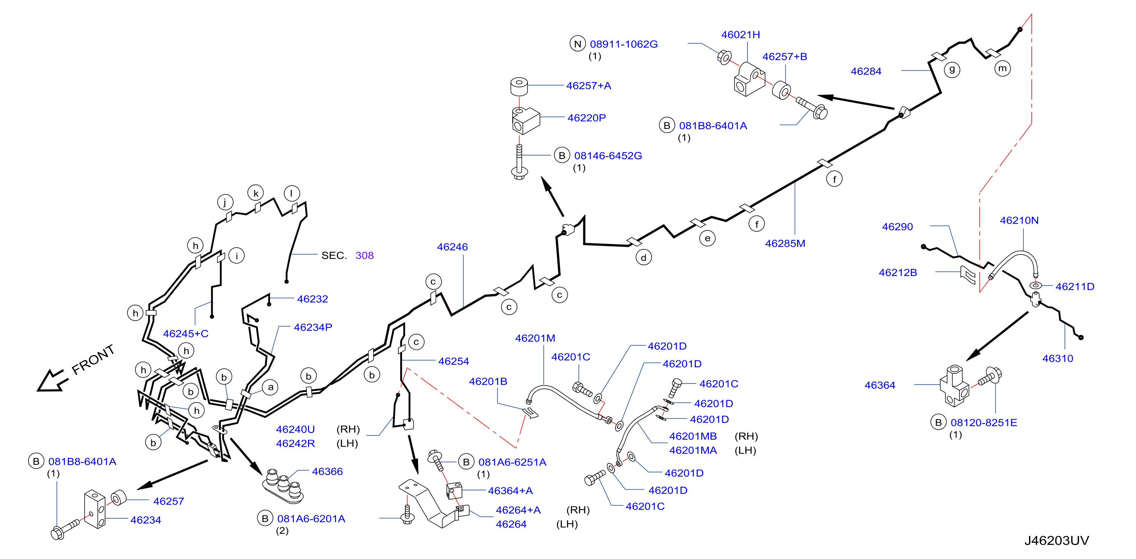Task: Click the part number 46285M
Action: coord(785,244)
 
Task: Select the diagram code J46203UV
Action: coord(1056,541)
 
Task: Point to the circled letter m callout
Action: coord(1002,69)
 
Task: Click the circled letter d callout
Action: coord(643,258)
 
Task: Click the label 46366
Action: coord(327,472)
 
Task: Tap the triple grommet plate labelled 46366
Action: coord(283,486)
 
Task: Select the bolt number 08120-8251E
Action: coord(984,423)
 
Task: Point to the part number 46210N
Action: coord(1019,221)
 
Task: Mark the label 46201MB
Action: coord(693,436)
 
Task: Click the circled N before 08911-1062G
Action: coord(577,44)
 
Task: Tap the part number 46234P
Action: coord(313,327)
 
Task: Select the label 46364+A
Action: coord(510,490)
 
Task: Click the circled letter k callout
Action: coord(256,193)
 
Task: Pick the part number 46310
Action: coord(1058,359)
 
